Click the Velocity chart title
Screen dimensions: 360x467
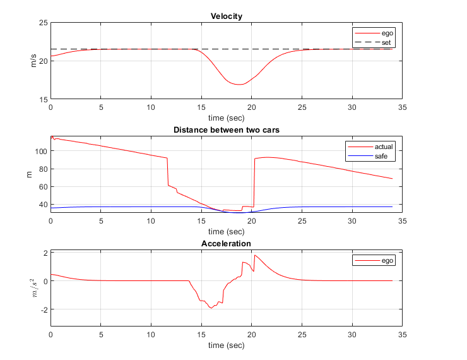(x=226, y=16)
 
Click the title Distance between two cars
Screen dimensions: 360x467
(x=226, y=131)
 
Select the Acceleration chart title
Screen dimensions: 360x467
(x=226, y=244)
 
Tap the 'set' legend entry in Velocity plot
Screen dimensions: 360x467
(x=386, y=42)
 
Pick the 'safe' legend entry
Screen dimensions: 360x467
(x=380, y=155)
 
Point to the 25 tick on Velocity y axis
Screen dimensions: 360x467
(x=44, y=23)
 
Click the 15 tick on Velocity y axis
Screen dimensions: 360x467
(x=44, y=99)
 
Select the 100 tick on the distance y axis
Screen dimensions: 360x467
(x=42, y=151)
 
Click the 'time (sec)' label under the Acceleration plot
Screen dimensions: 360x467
(x=226, y=345)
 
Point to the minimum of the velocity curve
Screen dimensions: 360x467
(x=240, y=84)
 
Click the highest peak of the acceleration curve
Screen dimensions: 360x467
(x=255, y=255)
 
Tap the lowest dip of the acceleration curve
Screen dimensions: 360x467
(x=212, y=308)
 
